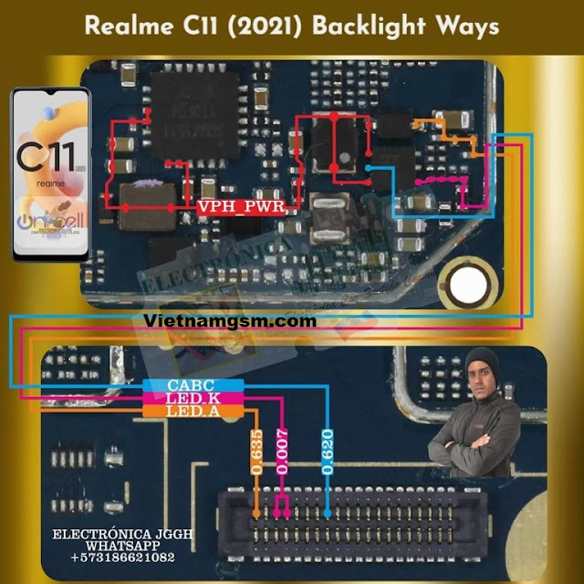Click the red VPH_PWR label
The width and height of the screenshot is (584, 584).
pos(241,208)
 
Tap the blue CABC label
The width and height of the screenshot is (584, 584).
pos(191,386)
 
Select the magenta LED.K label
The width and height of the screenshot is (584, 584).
pos(191,400)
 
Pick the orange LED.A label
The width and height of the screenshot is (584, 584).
pos(191,412)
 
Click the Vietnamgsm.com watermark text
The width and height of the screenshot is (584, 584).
pos(231,321)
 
